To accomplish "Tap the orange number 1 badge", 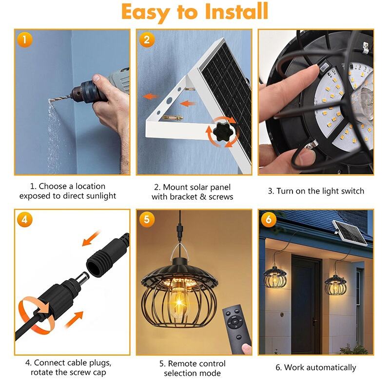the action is click(x=25, y=39).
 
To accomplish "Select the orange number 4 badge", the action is click(x=25, y=219).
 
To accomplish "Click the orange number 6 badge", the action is click(x=269, y=219).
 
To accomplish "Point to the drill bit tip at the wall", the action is click(x=50, y=101).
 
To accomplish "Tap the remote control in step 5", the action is click(x=236, y=328).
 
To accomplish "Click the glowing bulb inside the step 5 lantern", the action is click(x=178, y=303).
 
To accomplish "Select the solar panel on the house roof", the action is click(x=350, y=232).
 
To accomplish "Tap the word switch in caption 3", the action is click(x=352, y=191).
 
